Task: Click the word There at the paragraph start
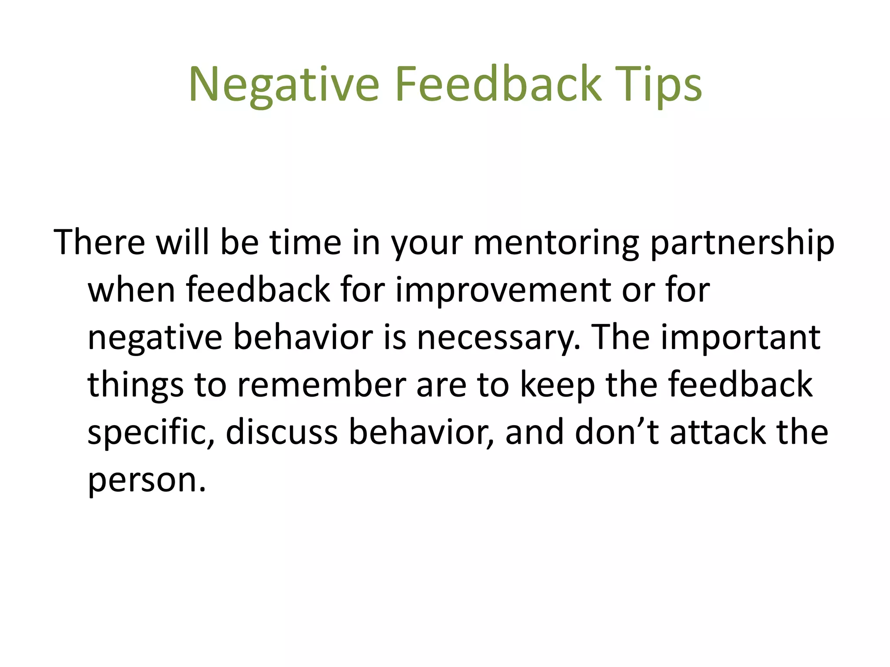point(100,242)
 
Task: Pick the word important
point(741,338)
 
